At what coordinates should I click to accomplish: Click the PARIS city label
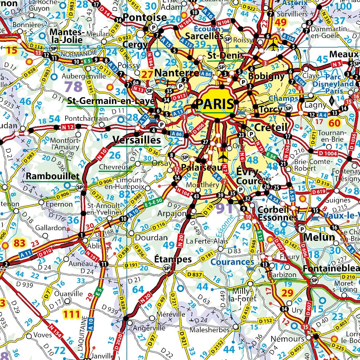215,104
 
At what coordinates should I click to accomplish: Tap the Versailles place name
136,140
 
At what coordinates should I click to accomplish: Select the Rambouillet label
52,176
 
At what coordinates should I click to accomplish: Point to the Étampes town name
173,259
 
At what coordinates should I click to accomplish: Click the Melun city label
319,237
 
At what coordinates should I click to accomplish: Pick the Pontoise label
145,17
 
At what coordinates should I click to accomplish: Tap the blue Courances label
232,262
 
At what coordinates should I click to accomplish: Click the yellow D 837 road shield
194,275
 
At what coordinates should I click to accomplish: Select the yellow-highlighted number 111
71,314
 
